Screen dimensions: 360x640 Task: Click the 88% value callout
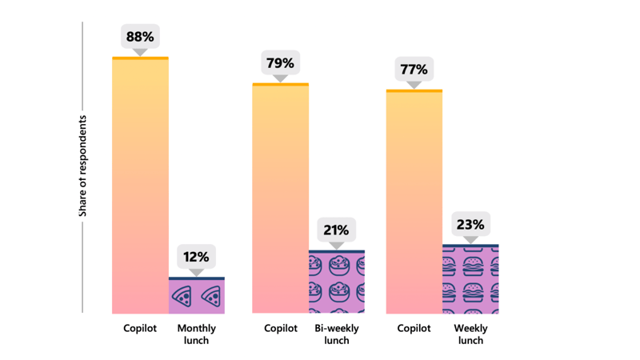140,37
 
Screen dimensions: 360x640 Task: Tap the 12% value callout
196,257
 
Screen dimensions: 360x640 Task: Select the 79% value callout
280,63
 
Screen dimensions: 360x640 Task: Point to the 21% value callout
336,230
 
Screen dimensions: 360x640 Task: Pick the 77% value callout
414,70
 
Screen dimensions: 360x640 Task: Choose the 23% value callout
470,225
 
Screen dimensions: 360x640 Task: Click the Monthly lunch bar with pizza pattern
196,296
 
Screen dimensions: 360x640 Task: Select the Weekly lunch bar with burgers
470,279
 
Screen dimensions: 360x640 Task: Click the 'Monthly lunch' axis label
196,334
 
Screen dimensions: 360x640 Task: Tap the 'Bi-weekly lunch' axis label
336,334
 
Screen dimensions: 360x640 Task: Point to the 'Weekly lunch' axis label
470,334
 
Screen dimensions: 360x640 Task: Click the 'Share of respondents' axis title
82,166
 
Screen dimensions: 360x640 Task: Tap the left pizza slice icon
182,297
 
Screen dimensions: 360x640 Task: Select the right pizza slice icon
211,297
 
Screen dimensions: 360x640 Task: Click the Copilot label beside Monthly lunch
140,329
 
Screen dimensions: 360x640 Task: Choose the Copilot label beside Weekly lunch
414,329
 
